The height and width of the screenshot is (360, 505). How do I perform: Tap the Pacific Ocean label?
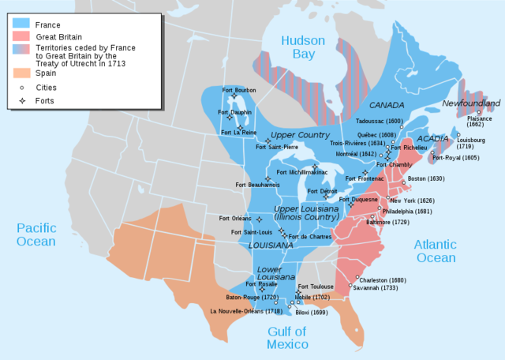(38, 234)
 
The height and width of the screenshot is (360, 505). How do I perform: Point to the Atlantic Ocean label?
(435, 251)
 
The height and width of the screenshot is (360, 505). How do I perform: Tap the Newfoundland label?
(471, 103)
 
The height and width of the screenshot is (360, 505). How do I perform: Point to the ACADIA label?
(432, 138)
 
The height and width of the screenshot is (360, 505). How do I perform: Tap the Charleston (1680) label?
(382, 279)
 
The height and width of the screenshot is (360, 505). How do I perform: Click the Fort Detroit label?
(322, 191)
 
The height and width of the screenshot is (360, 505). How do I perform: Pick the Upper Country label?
(300, 135)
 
